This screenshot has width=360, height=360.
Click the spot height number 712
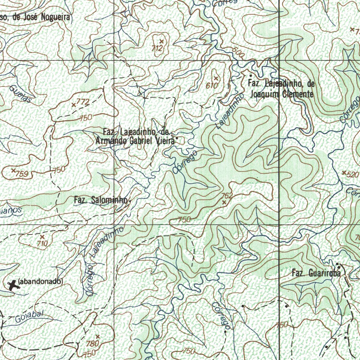click(x=157, y=48)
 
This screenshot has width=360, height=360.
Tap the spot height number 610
click(x=212, y=85)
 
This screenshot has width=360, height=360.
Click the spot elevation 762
click(x=227, y=196)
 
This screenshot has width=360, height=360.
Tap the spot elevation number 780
click(x=93, y=343)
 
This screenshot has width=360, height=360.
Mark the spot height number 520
click(x=352, y=175)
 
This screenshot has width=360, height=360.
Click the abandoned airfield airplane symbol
click(x=13, y=285)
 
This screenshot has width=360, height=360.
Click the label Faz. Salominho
click(x=101, y=200)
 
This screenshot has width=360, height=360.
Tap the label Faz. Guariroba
click(x=316, y=273)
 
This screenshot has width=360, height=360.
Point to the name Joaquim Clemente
click(x=281, y=94)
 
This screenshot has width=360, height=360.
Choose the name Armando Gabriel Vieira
click(x=135, y=141)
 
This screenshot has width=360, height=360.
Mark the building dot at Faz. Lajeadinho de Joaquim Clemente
click(x=250, y=76)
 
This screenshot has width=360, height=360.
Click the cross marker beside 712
click(x=162, y=41)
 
